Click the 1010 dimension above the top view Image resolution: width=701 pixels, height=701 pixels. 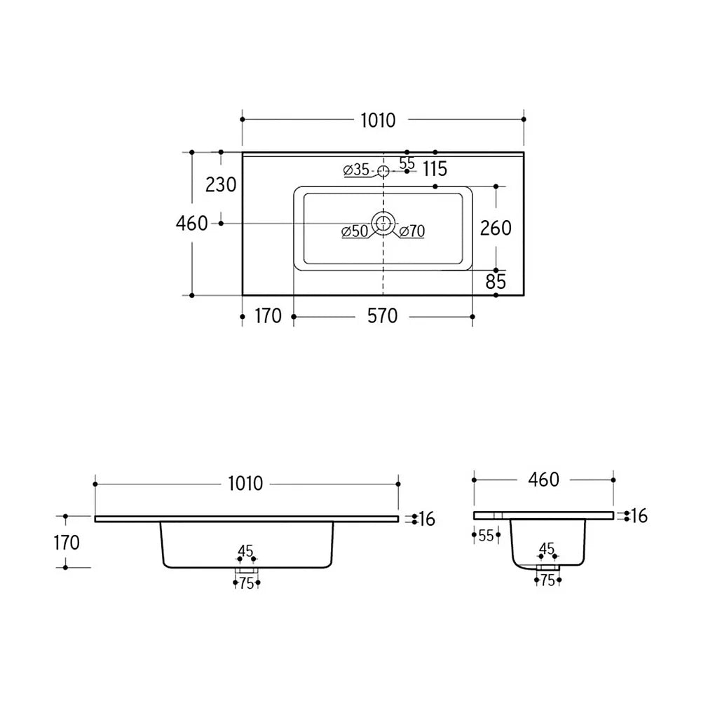[x=379, y=121]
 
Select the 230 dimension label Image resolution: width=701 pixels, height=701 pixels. [x=221, y=184]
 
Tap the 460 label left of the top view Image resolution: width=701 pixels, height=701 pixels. [x=192, y=224]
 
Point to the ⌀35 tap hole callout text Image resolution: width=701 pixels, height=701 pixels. [x=356, y=170]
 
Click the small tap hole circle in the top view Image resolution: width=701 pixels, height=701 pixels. [x=383, y=171]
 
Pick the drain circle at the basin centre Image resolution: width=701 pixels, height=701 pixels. [x=383, y=223]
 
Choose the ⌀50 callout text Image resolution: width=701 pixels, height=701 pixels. [x=355, y=231]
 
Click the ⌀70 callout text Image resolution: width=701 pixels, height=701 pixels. [x=411, y=231]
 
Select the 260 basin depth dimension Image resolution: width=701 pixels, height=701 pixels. [x=496, y=228]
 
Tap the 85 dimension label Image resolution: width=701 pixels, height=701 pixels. [x=496, y=282]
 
